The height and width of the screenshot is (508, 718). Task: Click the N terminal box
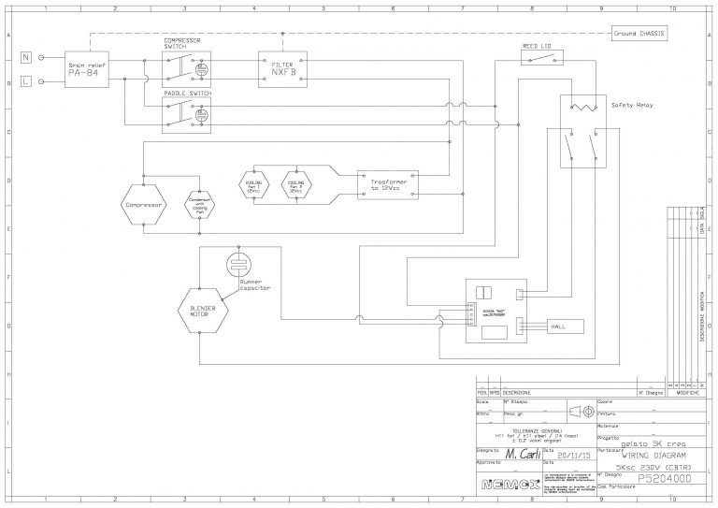(25, 57)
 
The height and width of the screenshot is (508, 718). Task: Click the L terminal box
(25, 82)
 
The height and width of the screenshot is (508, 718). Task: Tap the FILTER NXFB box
(282, 69)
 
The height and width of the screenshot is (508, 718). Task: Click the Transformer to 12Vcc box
(387, 184)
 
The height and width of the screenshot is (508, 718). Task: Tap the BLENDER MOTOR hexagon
(203, 311)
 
